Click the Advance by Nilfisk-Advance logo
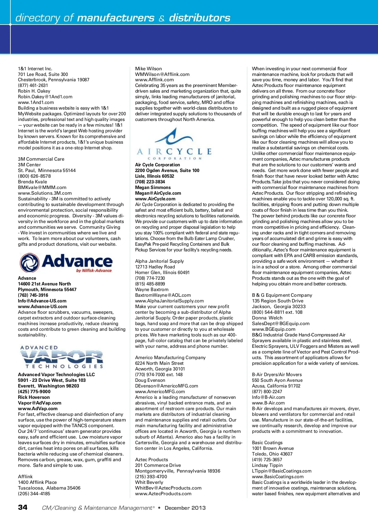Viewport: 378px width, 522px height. [x=66, y=263]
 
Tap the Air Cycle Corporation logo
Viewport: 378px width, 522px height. [x=174, y=144]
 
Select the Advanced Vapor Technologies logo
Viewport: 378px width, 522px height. [x=62, y=357]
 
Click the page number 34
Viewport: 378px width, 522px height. [x=23, y=507]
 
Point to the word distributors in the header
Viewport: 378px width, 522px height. [x=200, y=18]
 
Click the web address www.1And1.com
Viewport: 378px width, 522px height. [x=36, y=102]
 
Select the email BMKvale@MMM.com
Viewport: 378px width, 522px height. [x=42, y=187]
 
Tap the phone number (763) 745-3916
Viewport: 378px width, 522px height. [x=33, y=295]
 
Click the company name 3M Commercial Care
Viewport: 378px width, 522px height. [x=41, y=159]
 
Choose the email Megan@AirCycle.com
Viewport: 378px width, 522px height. [x=158, y=193]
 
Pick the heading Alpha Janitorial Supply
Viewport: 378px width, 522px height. [x=159, y=261]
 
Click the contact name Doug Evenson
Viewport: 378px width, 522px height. [x=150, y=380]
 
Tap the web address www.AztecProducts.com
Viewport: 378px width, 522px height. [x=163, y=494]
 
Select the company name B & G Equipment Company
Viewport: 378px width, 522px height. [x=282, y=295]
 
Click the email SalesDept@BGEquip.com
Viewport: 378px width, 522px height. [x=281, y=324]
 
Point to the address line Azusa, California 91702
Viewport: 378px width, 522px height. [x=276, y=386]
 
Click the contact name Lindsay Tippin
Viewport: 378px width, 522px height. [x=267, y=465]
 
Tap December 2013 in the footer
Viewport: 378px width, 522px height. [x=185, y=508]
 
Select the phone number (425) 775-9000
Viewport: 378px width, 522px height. [x=34, y=392]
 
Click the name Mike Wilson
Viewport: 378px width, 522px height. [x=148, y=69]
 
